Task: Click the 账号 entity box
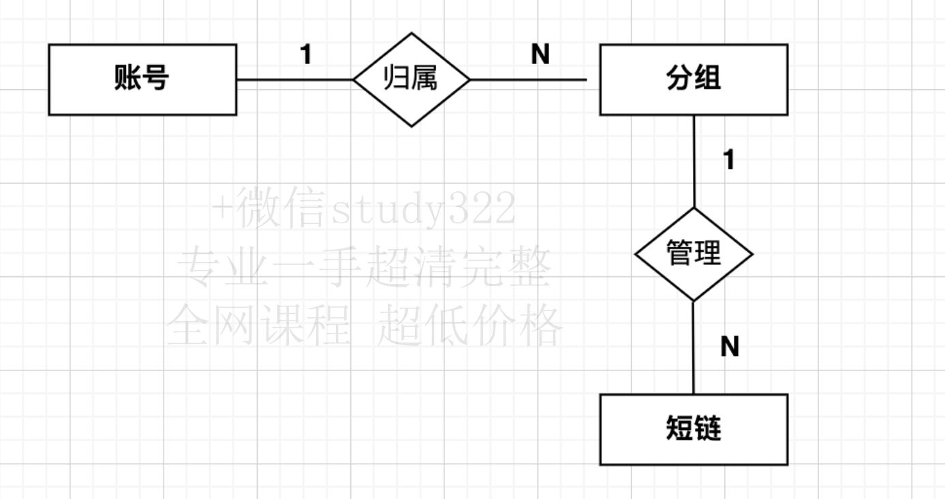coord(142,79)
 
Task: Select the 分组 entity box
coord(694,79)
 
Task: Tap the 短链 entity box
coord(694,430)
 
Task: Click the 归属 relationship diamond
coord(412,80)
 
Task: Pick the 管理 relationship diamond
coord(694,255)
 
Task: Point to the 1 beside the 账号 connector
coord(307,55)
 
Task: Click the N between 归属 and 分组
coord(540,55)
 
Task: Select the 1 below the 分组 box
coord(729,160)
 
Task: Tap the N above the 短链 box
coord(730,347)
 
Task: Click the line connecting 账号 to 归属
coord(294,80)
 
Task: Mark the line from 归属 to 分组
coord(528,80)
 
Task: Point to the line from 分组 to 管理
coord(694,161)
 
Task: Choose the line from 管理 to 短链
coord(694,347)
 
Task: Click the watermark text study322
coord(423,210)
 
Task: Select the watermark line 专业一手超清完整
coord(365,268)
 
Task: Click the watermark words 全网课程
coord(258,325)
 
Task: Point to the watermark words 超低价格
coord(470,325)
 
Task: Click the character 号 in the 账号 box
coord(157,79)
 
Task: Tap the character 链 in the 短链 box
coord(708,430)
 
